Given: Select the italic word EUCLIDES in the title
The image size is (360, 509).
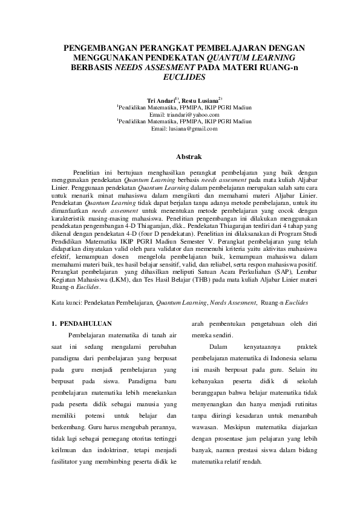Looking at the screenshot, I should [180, 78].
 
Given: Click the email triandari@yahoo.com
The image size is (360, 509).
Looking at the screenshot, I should [188, 114].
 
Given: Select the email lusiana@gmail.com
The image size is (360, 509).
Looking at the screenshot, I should [192, 128].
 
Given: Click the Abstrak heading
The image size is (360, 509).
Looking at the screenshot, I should [180, 156].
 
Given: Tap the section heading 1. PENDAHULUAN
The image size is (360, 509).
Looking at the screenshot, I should [82, 324].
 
